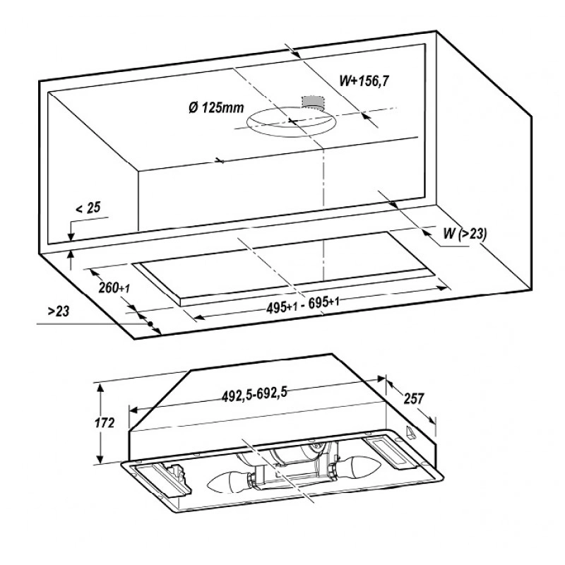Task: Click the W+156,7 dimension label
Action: point(364,81)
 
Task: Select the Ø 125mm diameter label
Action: point(216,107)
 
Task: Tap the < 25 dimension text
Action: point(88,208)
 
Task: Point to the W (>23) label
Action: point(465,234)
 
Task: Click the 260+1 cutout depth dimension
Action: point(114,287)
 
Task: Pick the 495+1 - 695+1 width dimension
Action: point(303,305)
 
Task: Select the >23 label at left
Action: point(59,311)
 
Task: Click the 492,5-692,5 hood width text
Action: point(254,394)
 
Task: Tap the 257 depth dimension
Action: point(414,398)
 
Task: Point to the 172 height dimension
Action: point(105,422)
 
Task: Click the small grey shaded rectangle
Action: point(312,102)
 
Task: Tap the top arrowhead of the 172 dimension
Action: point(101,388)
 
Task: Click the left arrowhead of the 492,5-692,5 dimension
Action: point(134,410)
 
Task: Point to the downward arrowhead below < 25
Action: point(71,237)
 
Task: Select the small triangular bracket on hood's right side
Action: point(411,432)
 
